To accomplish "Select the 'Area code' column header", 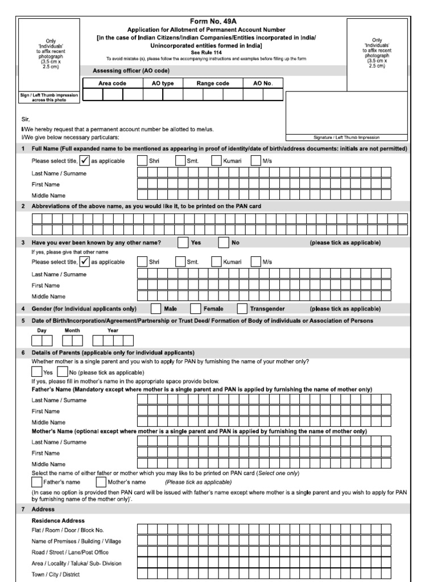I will tap(113, 83).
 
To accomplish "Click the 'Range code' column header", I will tap(213, 83).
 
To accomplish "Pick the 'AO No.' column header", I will tap(262, 83).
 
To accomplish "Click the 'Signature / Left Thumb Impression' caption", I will tap(346, 138).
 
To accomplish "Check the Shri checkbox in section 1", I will tap(142, 161).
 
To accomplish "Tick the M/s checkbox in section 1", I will tap(255, 161).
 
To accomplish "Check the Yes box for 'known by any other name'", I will tap(183, 243).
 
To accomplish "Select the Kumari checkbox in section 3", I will tap(216, 262).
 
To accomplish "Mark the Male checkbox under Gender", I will tap(156, 309).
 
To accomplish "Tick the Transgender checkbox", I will tap(242, 309).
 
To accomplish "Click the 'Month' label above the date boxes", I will tap(72, 330).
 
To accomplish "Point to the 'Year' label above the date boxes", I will tap(113, 330).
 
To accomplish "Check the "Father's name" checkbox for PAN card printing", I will tap(37, 482).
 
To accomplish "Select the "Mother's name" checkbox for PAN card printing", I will tap(101, 482).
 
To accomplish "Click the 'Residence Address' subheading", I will tap(58, 521).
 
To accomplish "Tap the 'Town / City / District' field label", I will tap(56, 574).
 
